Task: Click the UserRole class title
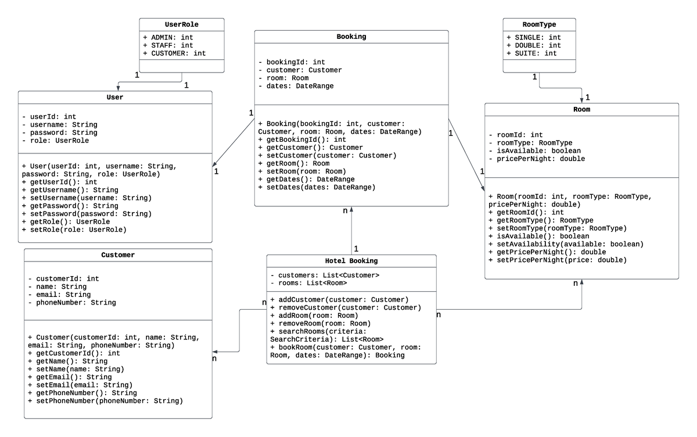pyautogui.click(x=182, y=24)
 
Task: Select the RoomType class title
pyautogui.click(x=539, y=24)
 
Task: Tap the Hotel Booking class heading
pyautogui.click(x=351, y=261)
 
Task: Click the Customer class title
pyautogui.click(x=118, y=255)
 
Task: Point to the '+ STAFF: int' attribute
pyautogui.click(x=168, y=45)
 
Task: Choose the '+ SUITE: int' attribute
pyautogui.click(x=531, y=53)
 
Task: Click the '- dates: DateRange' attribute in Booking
pyautogui.click(x=296, y=86)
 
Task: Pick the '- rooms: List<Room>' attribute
pyautogui.click(x=308, y=283)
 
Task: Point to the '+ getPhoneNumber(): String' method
pyautogui.click(x=86, y=393)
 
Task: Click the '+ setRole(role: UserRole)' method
pyautogui.click(x=74, y=230)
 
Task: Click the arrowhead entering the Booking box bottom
pyautogui.click(x=351, y=210)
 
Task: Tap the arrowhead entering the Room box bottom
pyautogui.click(x=581, y=282)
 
